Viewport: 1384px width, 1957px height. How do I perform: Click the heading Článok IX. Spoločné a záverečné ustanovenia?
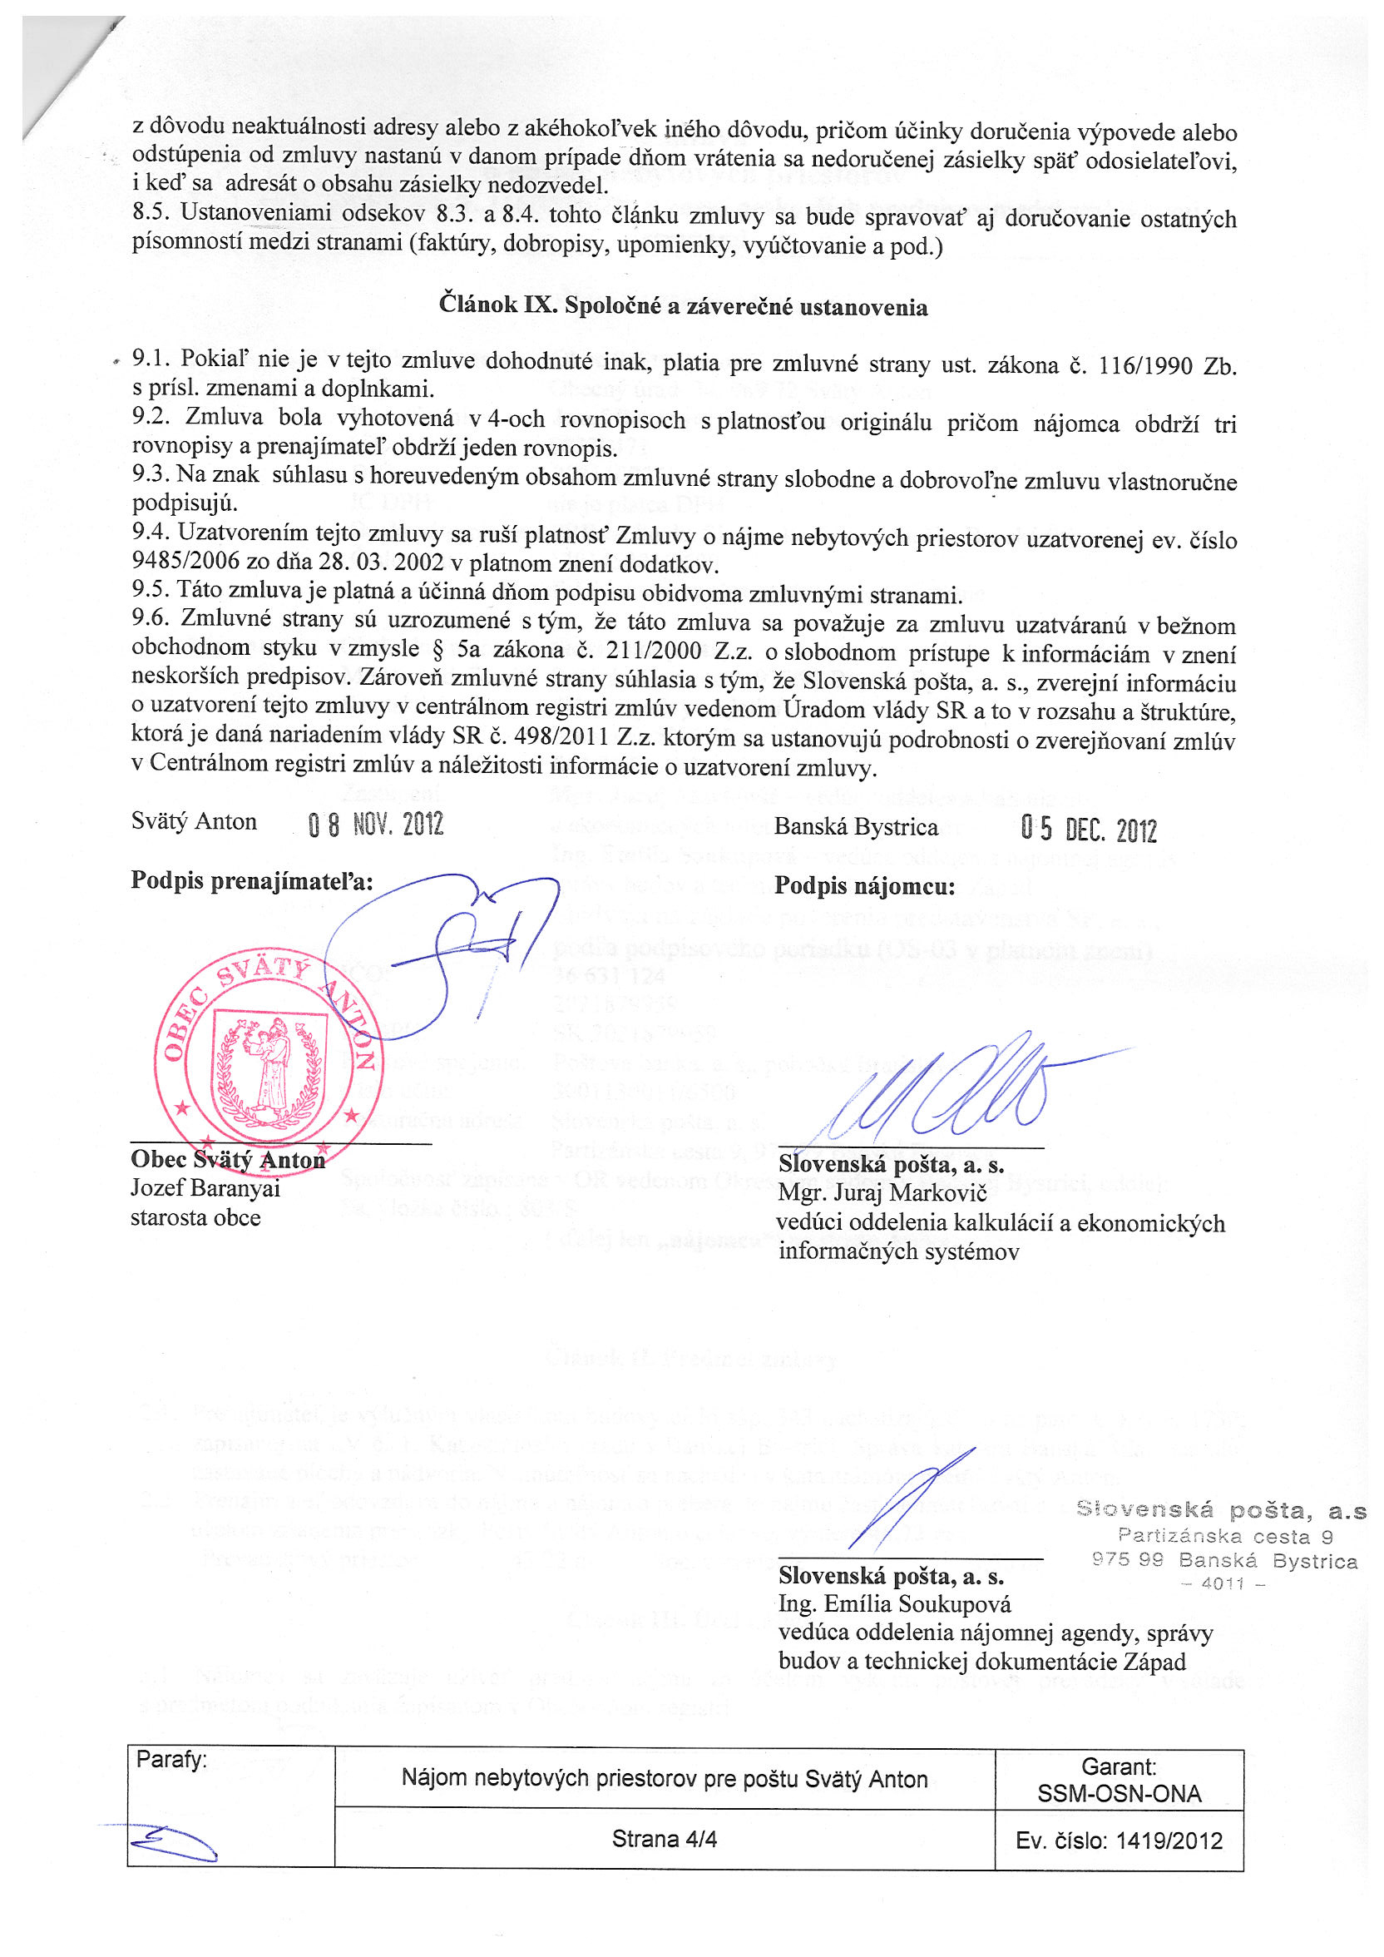683,306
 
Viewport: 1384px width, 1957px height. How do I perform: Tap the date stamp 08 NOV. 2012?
376,825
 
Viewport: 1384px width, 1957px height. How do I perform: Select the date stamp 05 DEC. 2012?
1088,829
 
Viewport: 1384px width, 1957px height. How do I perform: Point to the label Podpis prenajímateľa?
252,881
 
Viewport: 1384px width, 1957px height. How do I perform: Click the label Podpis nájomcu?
864,887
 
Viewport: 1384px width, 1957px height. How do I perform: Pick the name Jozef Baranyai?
205,1188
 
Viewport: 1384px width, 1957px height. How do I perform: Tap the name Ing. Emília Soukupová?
894,1605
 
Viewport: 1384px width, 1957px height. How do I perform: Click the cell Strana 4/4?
664,1840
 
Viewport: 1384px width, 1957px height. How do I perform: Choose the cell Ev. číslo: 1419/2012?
1118,1841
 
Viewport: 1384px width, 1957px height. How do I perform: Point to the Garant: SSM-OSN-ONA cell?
1118,1780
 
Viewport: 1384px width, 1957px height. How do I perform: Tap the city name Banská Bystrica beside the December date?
856,827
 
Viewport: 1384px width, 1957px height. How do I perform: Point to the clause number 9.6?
149,618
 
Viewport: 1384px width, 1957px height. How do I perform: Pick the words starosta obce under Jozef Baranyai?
195,1217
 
